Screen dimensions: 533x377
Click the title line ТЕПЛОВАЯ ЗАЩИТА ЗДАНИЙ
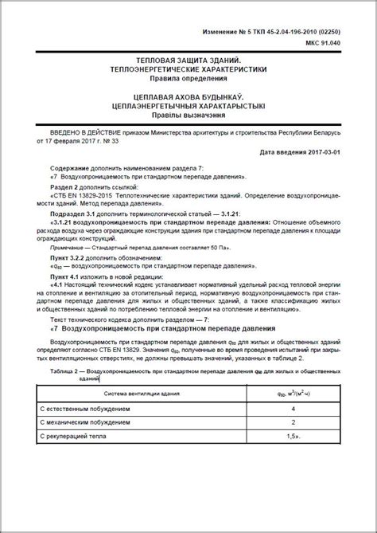click(188, 61)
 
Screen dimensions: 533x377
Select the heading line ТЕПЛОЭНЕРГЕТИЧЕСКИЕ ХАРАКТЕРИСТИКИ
click(188, 69)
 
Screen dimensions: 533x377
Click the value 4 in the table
click(293, 408)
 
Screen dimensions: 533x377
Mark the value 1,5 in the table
click(293, 437)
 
